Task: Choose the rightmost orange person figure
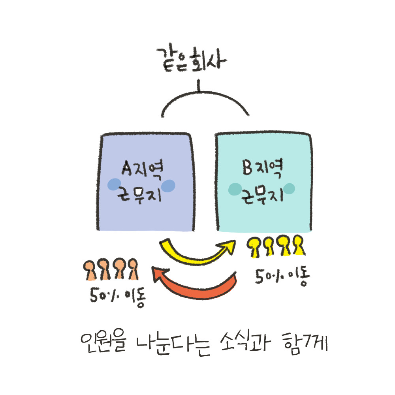(132, 269)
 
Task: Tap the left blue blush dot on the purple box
(115, 184)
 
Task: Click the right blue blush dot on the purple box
(169, 186)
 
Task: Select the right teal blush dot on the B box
(290, 189)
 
